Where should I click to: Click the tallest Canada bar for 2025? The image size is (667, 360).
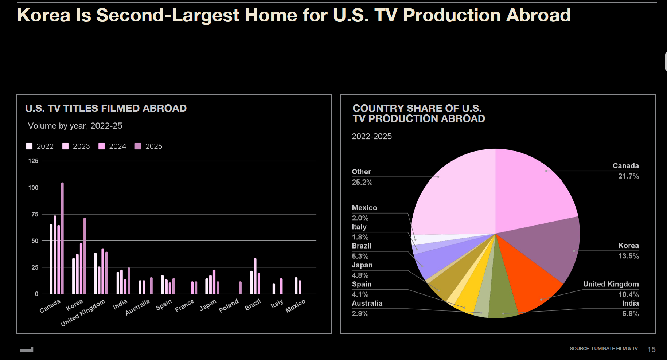[62, 238]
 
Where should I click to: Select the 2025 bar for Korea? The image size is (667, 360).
[85, 256]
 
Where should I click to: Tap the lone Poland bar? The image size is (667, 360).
[240, 287]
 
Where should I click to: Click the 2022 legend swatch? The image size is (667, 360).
[29, 146]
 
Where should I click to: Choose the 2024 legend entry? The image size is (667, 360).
[112, 146]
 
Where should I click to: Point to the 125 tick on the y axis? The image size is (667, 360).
[33, 161]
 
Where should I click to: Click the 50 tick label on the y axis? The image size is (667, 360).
[35, 241]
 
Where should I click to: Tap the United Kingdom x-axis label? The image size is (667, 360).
[83, 313]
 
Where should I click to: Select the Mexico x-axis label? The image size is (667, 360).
[295, 306]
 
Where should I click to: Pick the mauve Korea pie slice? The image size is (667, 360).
[547, 248]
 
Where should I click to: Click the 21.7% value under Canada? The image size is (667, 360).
[628, 176]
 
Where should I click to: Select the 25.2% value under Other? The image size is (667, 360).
[362, 182]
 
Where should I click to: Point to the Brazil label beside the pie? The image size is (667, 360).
[362, 246]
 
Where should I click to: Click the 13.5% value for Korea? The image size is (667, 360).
[628, 256]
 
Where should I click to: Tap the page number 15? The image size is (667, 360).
[651, 349]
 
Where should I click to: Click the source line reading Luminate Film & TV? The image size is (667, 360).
[604, 349]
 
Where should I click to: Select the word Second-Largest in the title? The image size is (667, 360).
[168, 15]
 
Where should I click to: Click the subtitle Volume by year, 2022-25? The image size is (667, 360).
[75, 126]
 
